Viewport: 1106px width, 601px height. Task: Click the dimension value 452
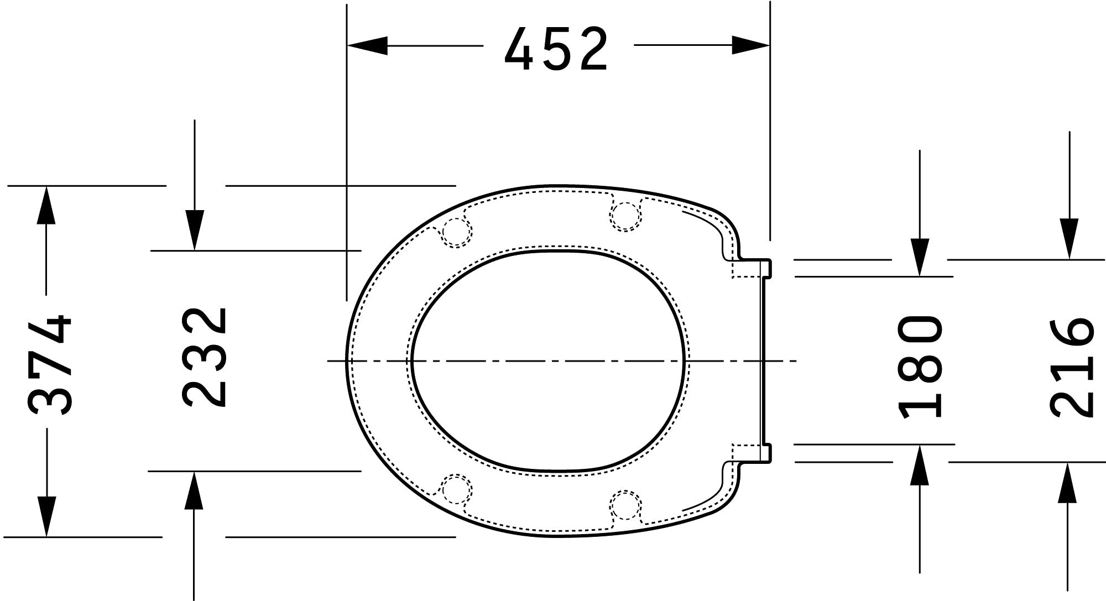(556, 49)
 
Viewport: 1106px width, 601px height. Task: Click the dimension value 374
(50, 365)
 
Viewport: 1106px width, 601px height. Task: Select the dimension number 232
(205, 358)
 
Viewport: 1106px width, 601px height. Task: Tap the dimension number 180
(920, 367)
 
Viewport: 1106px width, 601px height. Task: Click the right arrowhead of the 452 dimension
(750, 45)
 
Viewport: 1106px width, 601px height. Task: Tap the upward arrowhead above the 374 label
(46, 205)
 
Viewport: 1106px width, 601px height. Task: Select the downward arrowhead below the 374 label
(46, 516)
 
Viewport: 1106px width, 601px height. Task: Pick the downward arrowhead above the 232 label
(194, 230)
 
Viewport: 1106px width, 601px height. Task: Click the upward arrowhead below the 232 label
(194, 491)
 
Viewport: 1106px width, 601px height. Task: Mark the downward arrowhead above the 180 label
(920, 257)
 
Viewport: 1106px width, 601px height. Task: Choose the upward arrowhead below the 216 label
(1067, 483)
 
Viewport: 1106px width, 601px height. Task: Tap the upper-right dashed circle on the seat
(625, 216)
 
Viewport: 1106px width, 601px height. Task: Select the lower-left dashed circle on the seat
(456, 489)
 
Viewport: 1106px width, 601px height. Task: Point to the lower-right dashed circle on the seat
(625, 505)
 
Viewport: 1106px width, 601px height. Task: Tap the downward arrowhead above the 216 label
(1069, 238)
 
